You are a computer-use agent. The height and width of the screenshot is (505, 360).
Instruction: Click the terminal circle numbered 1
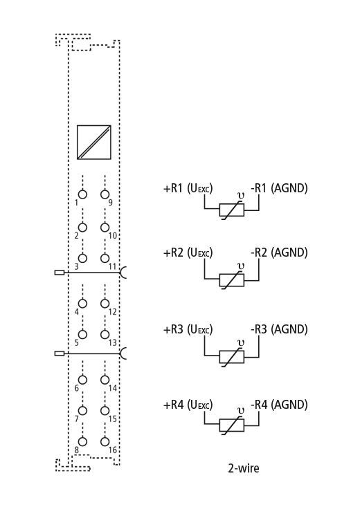[82, 194]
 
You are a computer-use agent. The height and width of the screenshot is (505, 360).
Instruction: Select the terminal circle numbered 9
[105, 194]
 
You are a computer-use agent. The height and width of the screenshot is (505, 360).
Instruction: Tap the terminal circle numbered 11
[105, 258]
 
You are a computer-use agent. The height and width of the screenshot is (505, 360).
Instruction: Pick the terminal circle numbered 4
[82, 304]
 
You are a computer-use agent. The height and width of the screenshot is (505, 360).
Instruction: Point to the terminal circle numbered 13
[105, 334]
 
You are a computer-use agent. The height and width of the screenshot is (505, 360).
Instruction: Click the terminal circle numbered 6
[82, 380]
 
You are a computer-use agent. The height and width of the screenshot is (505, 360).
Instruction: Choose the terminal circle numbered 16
[105, 441]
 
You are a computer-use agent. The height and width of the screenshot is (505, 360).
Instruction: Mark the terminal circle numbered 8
[82, 441]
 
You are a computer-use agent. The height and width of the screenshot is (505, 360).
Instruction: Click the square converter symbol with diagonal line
[93, 143]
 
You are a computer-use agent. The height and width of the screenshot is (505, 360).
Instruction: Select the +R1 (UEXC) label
[188, 188]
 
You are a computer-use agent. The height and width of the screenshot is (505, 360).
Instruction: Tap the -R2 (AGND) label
[279, 252]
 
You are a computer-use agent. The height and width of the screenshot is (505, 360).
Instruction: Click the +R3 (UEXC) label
[188, 330]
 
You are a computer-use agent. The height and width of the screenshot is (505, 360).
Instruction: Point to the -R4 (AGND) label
[279, 405]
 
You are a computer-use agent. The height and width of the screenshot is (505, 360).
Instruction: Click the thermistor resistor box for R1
[232, 210]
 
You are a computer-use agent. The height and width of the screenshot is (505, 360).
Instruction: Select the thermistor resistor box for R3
[232, 357]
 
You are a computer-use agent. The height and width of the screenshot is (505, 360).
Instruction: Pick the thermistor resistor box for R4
[232, 425]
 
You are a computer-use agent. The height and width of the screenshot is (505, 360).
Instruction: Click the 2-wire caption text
[243, 468]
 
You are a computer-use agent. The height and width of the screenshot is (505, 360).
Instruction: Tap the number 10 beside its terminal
[112, 235]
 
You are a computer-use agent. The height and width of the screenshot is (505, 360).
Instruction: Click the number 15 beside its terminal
[112, 419]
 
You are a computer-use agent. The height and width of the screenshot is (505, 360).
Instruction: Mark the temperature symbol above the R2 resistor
[240, 266]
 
